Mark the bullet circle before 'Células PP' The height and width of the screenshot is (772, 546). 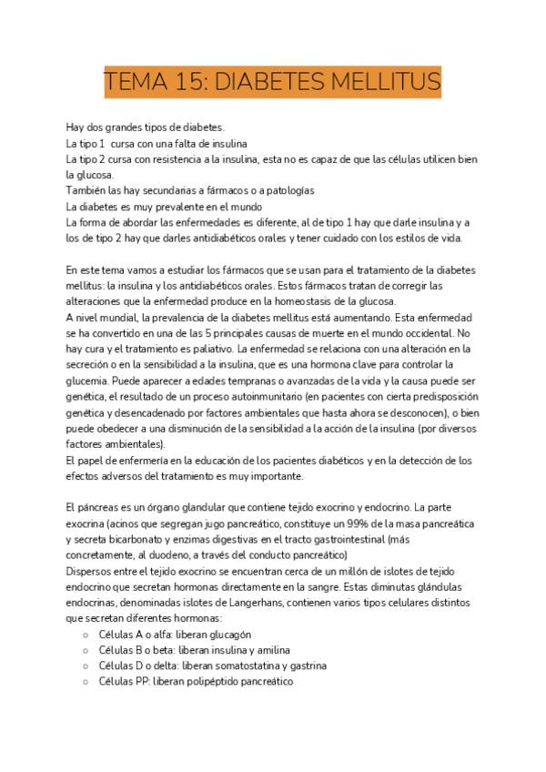click(x=86, y=682)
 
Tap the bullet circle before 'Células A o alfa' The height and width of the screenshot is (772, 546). click(x=86, y=635)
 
